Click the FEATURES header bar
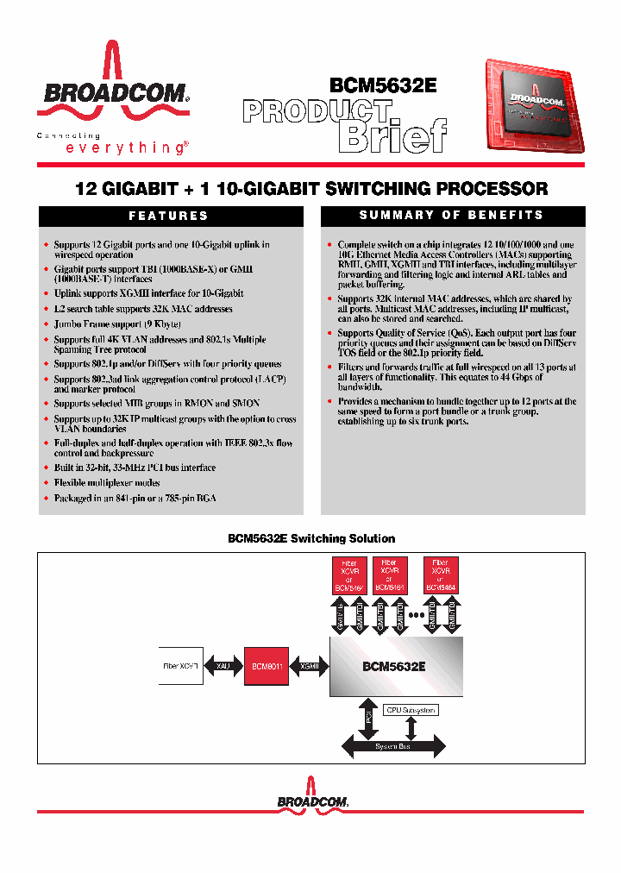coord(169,217)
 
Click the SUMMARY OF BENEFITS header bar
coord(452,216)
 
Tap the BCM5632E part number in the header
coord(383,85)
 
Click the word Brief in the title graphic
coord(392,136)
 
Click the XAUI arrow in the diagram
coord(223,667)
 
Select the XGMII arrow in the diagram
coord(308,667)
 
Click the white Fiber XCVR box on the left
coord(180,667)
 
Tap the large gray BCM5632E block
coord(396,667)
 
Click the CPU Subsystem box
coord(411,710)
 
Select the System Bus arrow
coord(393,746)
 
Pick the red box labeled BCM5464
coord(441,575)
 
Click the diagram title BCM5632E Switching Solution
coord(310,538)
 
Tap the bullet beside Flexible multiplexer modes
coord(47,483)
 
